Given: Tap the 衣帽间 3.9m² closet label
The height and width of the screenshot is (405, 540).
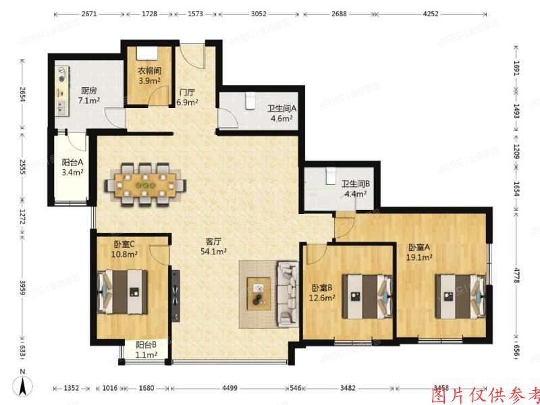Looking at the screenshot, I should [x=148, y=76].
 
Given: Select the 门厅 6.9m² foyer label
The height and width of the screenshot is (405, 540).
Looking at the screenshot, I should [x=187, y=98].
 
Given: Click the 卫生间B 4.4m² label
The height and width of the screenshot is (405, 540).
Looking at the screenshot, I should [x=354, y=188].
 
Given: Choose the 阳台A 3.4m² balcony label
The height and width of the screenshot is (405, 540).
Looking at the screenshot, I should [x=72, y=167].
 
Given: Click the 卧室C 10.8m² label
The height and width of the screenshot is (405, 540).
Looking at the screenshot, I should [x=125, y=249].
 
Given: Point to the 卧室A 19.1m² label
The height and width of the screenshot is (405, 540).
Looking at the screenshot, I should [x=419, y=252].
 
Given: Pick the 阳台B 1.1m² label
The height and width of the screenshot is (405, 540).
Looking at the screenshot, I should [x=146, y=349].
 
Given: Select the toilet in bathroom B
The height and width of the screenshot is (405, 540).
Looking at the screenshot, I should [x=329, y=175].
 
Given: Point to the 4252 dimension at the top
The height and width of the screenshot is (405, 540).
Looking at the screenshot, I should [x=448, y=13].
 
